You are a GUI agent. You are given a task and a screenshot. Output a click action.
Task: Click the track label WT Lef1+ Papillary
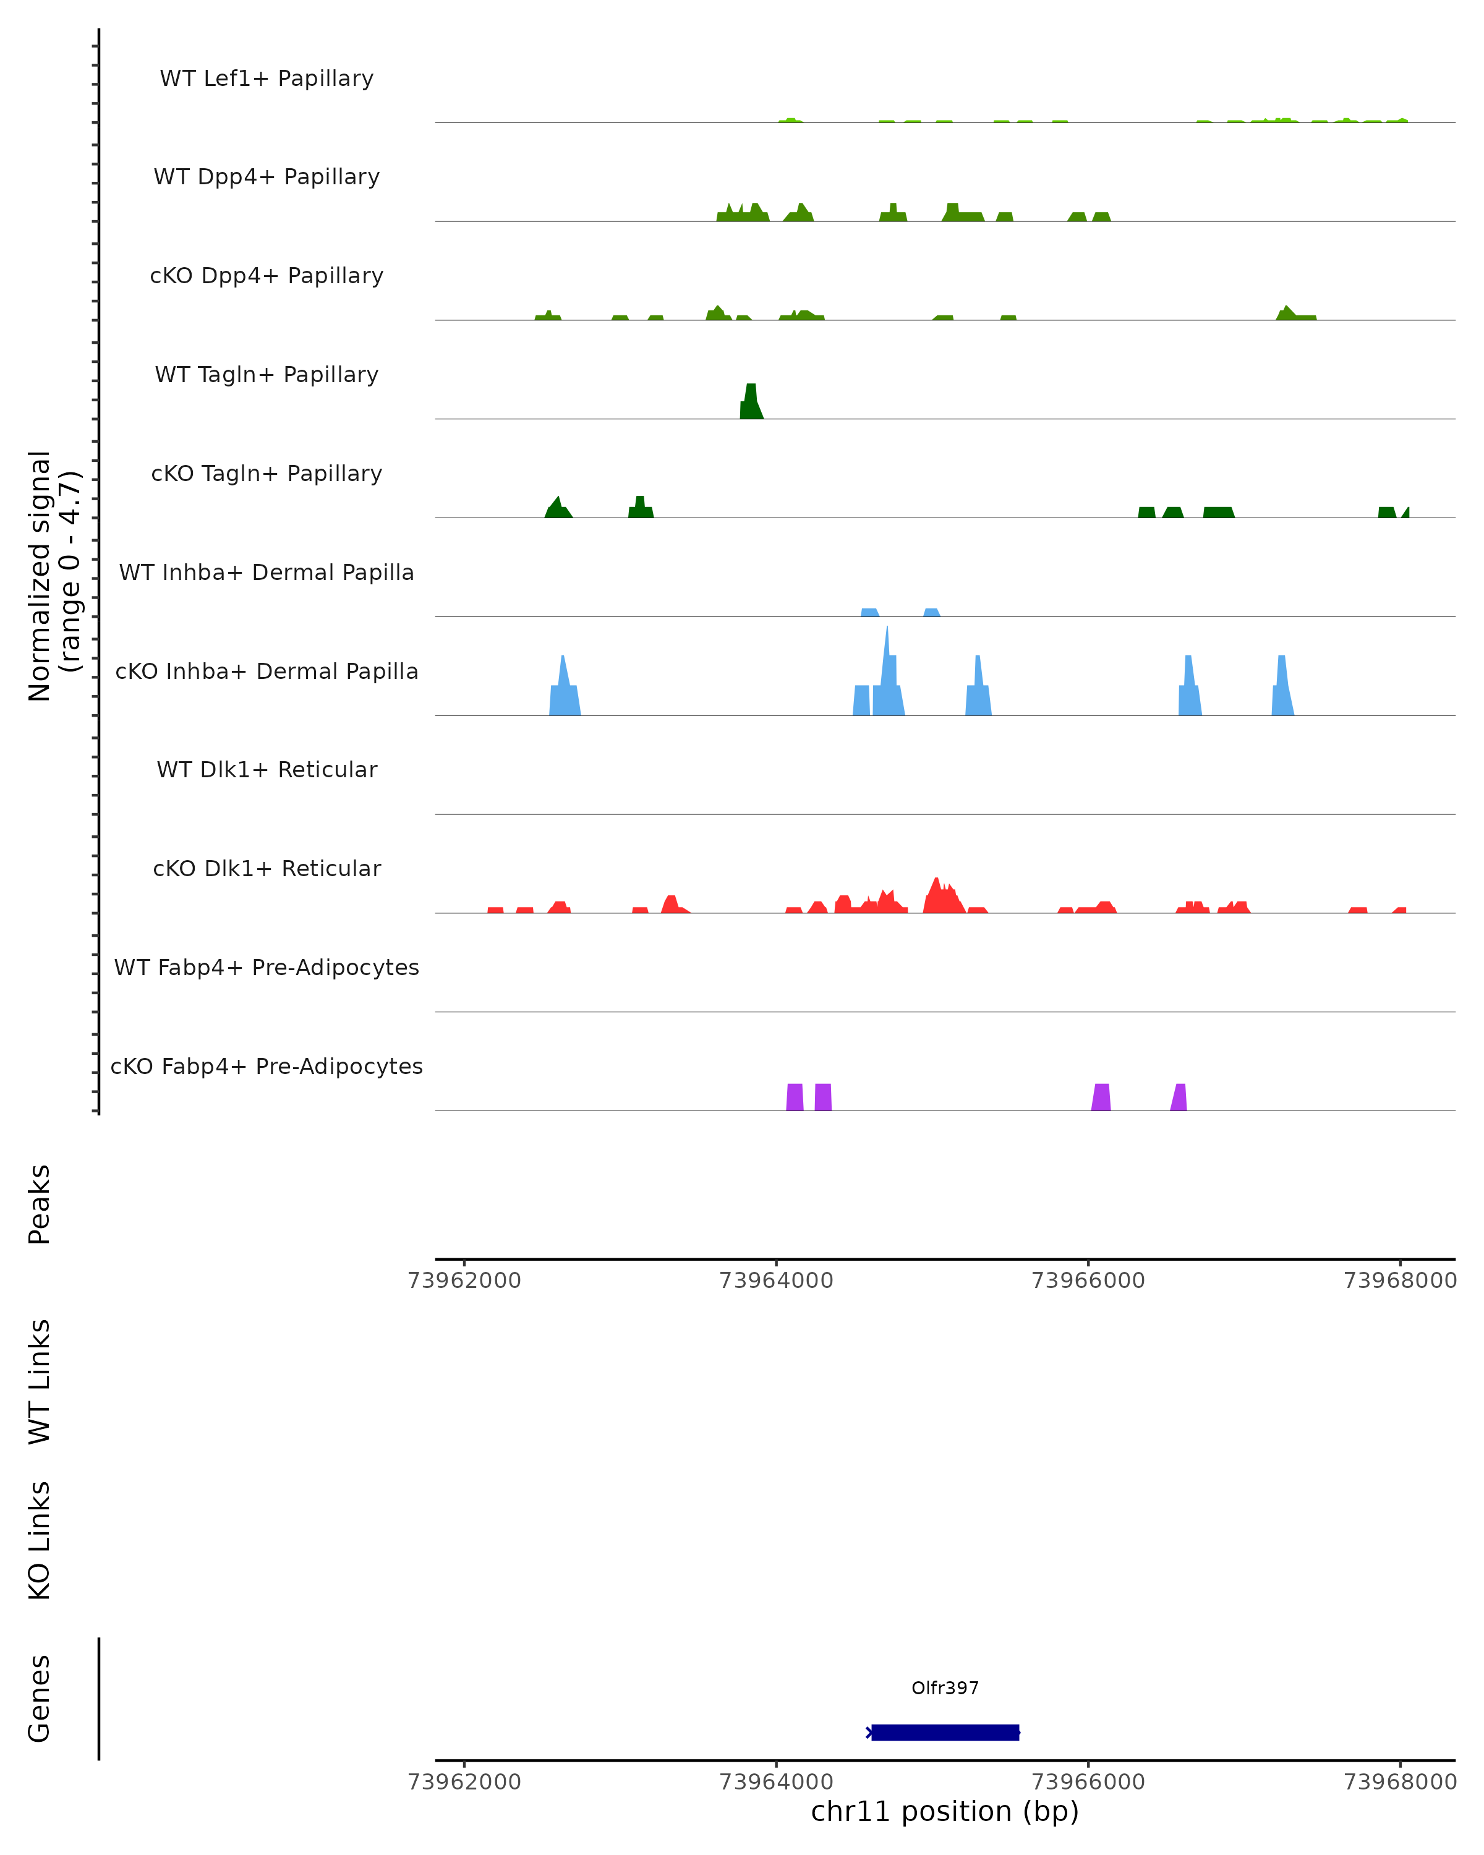click(267, 79)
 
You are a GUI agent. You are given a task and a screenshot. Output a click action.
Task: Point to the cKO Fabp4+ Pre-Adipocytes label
click(267, 1066)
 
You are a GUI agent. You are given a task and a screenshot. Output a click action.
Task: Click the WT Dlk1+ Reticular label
click(267, 769)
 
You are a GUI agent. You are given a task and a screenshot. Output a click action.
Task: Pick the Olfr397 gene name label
click(945, 1688)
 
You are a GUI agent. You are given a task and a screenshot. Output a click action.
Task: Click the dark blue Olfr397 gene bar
click(945, 1732)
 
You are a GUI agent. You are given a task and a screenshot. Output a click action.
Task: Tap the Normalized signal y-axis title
click(53, 574)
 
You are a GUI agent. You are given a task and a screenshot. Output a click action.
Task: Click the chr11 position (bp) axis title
click(945, 1811)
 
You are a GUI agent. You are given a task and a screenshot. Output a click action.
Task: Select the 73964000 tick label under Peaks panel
click(776, 1281)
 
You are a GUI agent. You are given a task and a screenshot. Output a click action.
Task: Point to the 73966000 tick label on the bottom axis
click(1088, 1782)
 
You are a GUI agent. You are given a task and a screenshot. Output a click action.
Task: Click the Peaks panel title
click(40, 1204)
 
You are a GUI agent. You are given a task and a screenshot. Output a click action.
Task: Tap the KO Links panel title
click(40, 1541)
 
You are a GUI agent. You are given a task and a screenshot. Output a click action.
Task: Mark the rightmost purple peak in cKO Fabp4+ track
click(1179, 1099)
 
